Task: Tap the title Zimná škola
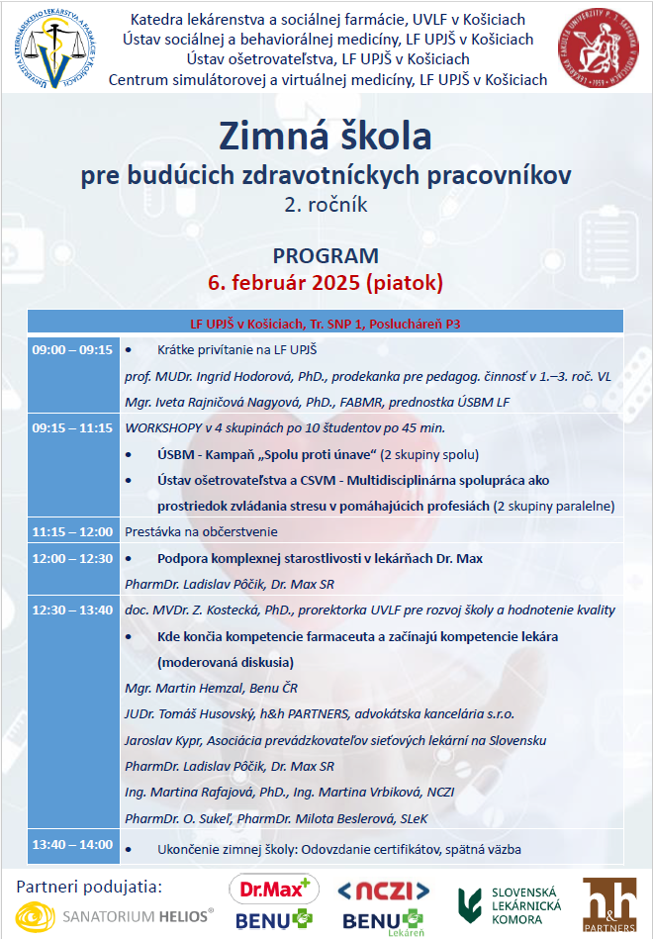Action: [x=326, y=137]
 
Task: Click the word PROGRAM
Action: [x=326, y=256]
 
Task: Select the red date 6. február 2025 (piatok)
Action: [x=326, y=282]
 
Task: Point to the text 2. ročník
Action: [x=326, y=205]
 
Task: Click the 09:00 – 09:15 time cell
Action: [x=72, y=350]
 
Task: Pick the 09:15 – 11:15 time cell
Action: [x=72, y=428]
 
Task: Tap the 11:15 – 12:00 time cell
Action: [x=72, y=531]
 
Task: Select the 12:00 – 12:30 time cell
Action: [x=72, y=558]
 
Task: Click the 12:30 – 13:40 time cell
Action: [x=72, y=610]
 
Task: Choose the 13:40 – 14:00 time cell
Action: [x=72, y=844]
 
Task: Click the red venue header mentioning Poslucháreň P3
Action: [x=326, y=324]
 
